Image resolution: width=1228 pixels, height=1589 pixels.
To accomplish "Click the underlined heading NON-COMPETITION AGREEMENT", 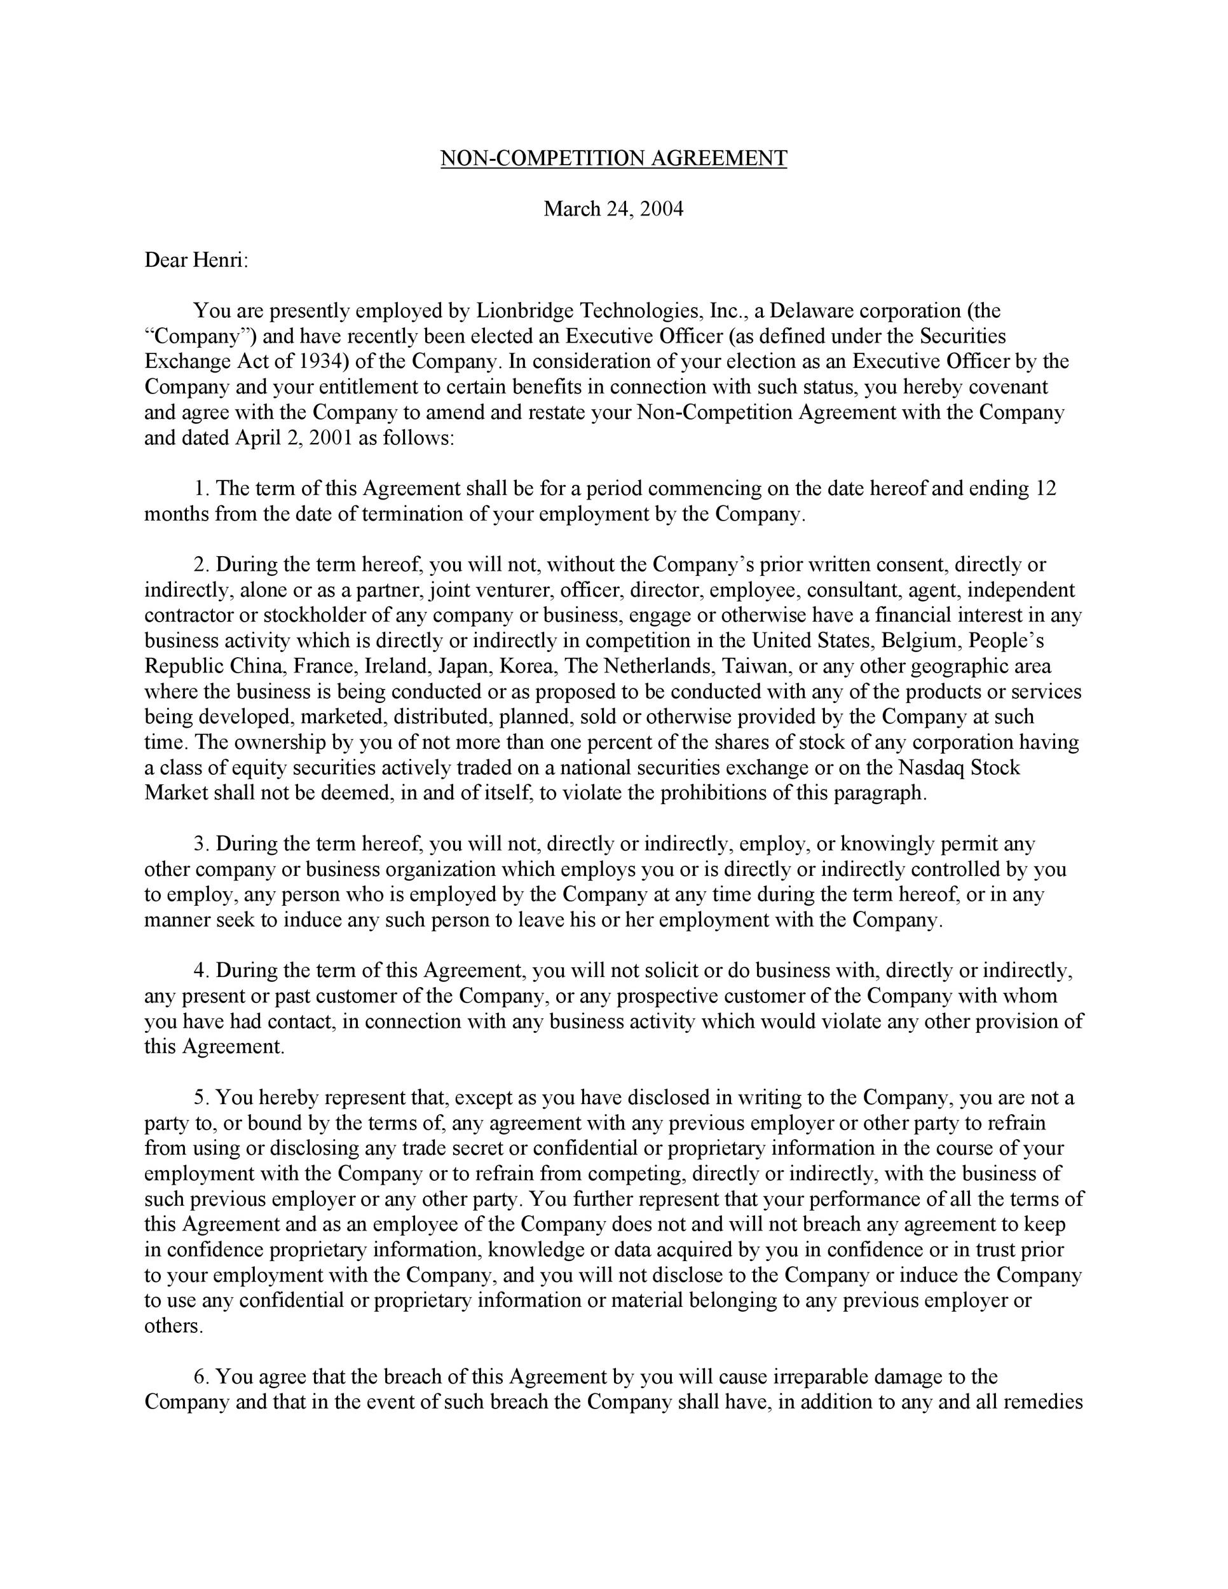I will (613, 159).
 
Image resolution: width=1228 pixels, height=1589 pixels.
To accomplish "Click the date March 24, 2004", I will (613, 210).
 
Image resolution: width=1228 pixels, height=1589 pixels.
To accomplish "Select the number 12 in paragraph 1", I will (1045, 488).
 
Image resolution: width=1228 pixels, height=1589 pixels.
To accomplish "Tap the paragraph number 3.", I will (201, 844).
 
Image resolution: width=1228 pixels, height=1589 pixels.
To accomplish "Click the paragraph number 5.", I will (201, 1097).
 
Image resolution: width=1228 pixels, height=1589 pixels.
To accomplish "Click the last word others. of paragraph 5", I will (173, 1326).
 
